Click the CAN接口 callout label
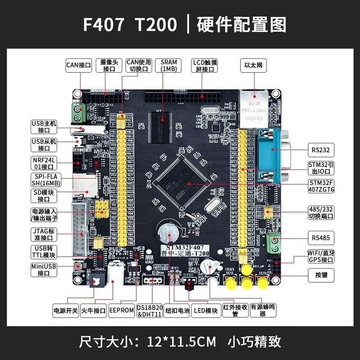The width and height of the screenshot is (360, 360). pyautogui.click(x=79, y=65)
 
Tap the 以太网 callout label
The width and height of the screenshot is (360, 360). pyautogui.click(x=253, y=65)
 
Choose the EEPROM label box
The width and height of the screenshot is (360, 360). pyautogui.click(x=121, y=310)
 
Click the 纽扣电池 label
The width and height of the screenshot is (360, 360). pyautogui.click(x=176, y=310)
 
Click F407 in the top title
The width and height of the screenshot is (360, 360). pyautogui.click(x=103, y=25)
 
